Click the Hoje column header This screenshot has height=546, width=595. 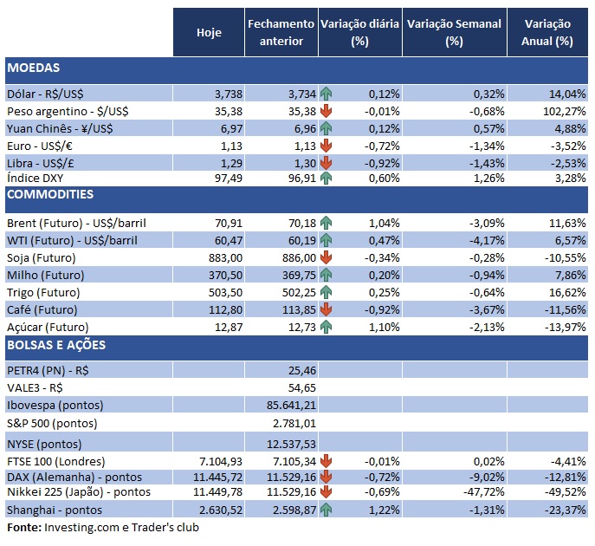point(209,32)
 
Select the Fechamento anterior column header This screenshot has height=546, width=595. point(281,32)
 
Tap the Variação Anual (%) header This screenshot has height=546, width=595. point(547,32)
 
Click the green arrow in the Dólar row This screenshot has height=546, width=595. point(326,93)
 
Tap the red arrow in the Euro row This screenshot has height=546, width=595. point(326,145)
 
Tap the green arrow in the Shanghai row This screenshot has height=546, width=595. point(326,510)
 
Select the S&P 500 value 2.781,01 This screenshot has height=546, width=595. point(293,423)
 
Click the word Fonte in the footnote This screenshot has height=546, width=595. point(23,527)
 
